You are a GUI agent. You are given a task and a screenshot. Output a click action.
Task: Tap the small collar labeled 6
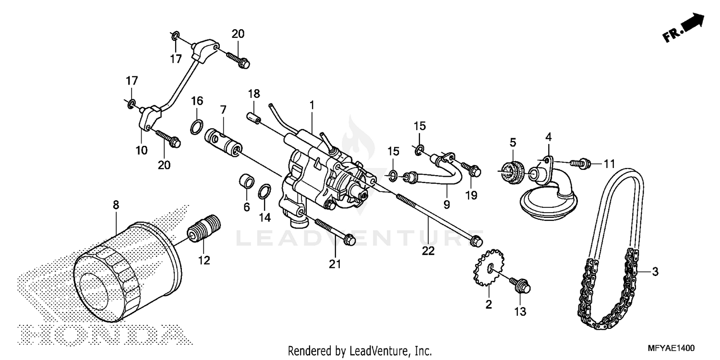pyautogui.click(x=246, y=182)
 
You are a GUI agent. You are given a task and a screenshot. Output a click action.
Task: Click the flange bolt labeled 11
pyautogui.click(x=581, y=163)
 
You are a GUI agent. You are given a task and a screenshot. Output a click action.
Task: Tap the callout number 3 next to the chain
pyautogui.click(x=655, y=272)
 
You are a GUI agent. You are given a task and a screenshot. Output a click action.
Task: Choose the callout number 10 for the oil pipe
pyautogui.click(x=141, y=150)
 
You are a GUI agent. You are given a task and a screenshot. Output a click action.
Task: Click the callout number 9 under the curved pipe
pyautogui.click(x=446, y=205)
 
